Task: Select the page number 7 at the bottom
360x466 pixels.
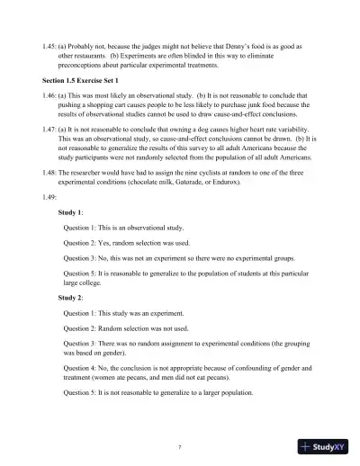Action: point(180,446)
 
